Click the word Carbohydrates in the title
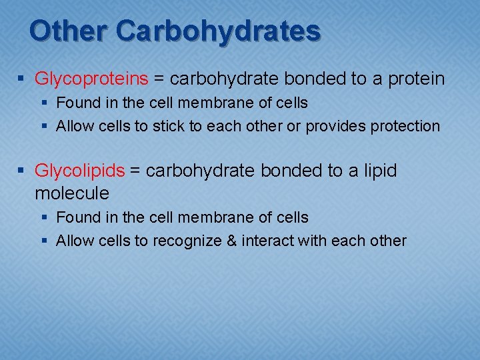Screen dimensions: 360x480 pos(218,31)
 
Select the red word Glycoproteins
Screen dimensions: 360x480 pos(91,79)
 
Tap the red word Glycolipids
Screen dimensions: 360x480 pos(79,171)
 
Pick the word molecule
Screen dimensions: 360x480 pos(71,193)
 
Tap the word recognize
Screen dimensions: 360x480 pos(187,241)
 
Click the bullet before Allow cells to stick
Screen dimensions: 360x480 pos(46,127)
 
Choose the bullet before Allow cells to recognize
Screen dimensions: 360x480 pos(46,241)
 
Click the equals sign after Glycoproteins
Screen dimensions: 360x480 pos(159,79)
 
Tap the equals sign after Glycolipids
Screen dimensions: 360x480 pos(135,171)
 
